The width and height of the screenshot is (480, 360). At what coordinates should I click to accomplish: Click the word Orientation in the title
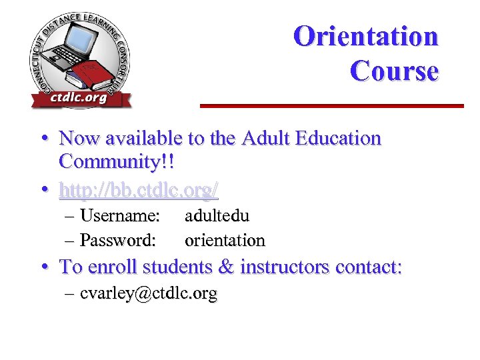[365, 36]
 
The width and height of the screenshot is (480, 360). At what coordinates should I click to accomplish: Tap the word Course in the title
[394, 71]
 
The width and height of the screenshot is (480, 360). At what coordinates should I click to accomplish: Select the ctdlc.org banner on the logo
[79, 99]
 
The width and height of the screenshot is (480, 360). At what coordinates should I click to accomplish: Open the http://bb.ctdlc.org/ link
[139, 191]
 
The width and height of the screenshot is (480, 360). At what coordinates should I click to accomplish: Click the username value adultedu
[217, 216]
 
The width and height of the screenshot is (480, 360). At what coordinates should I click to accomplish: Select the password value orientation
[225, 239]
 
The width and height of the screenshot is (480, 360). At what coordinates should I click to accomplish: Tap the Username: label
[119, 216]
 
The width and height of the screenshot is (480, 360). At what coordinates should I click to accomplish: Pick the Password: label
[118, 239]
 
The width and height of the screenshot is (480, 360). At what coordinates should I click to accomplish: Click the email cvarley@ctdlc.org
[148, 293]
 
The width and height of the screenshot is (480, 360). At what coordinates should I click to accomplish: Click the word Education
[338, 139]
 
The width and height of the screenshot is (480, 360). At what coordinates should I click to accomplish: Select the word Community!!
[117, 161]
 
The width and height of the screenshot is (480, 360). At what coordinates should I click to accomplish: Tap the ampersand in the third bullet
[225, 267]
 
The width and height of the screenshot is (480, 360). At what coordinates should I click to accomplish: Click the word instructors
[285, 267]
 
